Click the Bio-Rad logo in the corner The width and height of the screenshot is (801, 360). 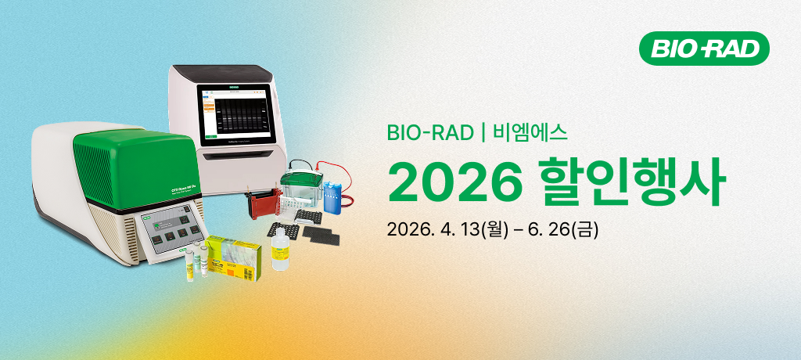click(x=705, y=49)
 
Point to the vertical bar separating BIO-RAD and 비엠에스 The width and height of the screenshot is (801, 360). click(x=483, y=132)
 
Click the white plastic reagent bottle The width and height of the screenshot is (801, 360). click(x=278, y=251)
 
